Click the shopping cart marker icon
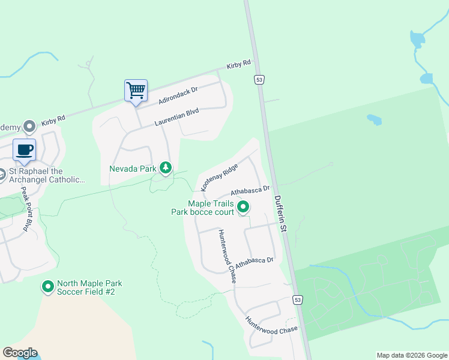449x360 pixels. (x=136, y=91)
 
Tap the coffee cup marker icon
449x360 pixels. (x=24, y=149)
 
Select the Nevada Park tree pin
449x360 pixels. (x=166, y=168)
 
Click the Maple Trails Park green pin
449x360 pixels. (x=243, y=208)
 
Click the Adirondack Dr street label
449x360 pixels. (x=178, y=95)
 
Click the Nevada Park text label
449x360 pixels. (x=133, y=169)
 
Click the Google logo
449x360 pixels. (x=20, y=353)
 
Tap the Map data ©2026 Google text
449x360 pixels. (x=411, y=355)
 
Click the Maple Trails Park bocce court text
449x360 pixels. (x=202, y=208)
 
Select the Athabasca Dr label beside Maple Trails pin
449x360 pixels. (x=250, y=191)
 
